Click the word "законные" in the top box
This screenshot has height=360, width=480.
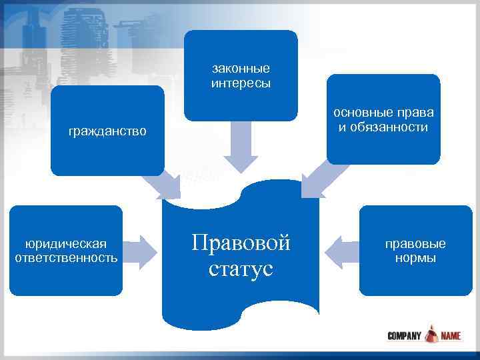(241, 69)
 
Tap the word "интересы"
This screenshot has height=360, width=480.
(241, 83)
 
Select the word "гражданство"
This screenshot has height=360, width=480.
(107, 131)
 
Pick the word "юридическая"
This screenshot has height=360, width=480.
(66, 243)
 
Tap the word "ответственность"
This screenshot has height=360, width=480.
(66, 257)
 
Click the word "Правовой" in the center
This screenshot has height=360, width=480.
(241, 243)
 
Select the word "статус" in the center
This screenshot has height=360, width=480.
(241, 269)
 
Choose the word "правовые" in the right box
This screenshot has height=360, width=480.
(415, 243)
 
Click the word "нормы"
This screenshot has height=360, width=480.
(415, 257)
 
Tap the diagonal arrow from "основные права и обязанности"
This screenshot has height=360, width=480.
(318, 179)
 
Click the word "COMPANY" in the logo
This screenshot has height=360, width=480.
(404, 335)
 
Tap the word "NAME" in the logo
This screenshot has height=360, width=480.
(450, 335)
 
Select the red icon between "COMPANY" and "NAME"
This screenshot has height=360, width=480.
(431, 333)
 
